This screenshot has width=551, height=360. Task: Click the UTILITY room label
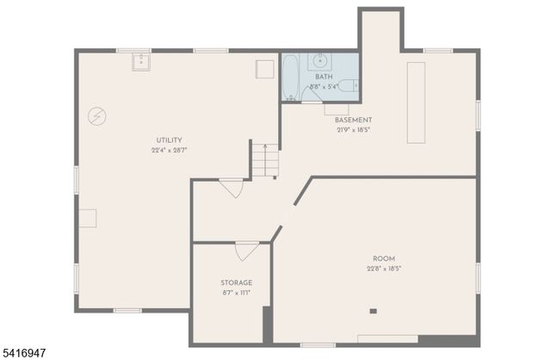click(169, 140)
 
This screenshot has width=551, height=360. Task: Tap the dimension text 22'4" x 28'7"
click(169, 150)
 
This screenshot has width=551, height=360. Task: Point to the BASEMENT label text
click(353, 120)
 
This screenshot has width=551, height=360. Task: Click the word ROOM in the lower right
click(384, 258)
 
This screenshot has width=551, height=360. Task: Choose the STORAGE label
click(236, 282)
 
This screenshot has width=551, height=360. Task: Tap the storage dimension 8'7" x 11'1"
click(236, 293)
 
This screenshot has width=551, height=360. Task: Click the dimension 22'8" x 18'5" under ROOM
click(384, 269)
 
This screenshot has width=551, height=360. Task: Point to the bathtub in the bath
click(291, 78)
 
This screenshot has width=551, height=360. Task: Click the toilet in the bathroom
click(347, 85)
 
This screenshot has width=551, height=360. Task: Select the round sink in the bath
click(320, 60)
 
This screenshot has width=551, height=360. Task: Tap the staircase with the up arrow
click(265, 160)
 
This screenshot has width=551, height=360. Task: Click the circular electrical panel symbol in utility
click(96, 115)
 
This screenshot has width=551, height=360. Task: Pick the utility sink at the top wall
click(141, 62)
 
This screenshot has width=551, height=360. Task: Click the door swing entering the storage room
click(246, 251)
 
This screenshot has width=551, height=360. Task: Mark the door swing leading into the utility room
click(231, 187)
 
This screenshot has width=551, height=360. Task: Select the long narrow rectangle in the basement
click(417, 102)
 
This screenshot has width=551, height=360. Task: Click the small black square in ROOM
click(373, 311)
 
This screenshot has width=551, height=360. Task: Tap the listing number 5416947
click(24, 352)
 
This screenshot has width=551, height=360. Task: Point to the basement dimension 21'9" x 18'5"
click(353, 130)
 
